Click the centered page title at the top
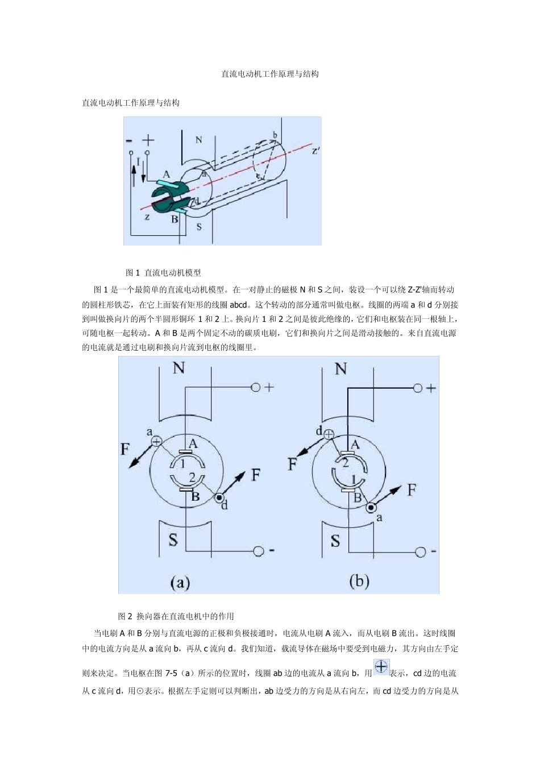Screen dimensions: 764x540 coord(270,74)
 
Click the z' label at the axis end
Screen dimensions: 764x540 coord(315,151)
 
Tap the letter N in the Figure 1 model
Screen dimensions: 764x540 coord(198,140)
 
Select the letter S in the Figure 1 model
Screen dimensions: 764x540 coord(198,227)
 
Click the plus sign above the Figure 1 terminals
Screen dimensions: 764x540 coord(148,140)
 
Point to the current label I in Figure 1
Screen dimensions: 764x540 coord(138,162)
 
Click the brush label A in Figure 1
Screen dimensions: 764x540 coord(167,175)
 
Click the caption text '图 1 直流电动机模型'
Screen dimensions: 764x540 coord(163,273)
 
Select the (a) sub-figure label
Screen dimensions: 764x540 coord(180,582)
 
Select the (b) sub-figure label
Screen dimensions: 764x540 coord(359,581)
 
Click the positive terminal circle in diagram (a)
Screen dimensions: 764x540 coord(256,387)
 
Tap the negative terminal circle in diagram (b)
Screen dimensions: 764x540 coord(419,551)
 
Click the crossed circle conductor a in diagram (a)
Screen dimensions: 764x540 coord(156,441)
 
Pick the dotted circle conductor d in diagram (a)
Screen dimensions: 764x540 coord(219,498)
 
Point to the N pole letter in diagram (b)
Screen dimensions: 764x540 coord(341,369)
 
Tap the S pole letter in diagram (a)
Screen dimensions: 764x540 coord(173,539)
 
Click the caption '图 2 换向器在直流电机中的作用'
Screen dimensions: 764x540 coord(176,616)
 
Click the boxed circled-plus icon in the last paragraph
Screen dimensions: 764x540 coord(381,667)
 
